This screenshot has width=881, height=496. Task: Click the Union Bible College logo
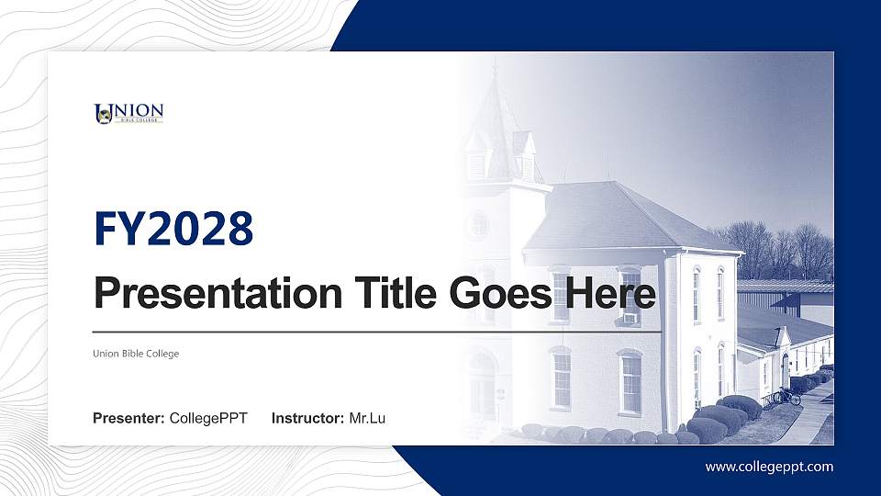[x=128, y=113]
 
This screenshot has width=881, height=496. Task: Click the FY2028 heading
[x=173, y=229]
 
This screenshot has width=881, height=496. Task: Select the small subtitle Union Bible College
[x=136, y=354]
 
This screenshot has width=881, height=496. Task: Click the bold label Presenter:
[x=129, y=419]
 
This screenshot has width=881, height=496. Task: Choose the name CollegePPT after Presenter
[x=208, y=419]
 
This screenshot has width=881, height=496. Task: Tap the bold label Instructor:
[x=309, y=419]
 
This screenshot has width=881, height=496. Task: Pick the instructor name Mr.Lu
[x=367, y=419]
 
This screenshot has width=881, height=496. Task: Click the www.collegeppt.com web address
[x=769, y=467]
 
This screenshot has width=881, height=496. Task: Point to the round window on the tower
[x=478, y=225]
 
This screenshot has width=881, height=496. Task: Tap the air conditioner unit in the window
[x=630, y=318]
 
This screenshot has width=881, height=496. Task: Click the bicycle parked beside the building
[x=786, y=397]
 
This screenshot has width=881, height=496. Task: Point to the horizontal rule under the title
[x=376, y=332]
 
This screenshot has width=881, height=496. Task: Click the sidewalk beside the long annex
[x=808, y=418]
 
